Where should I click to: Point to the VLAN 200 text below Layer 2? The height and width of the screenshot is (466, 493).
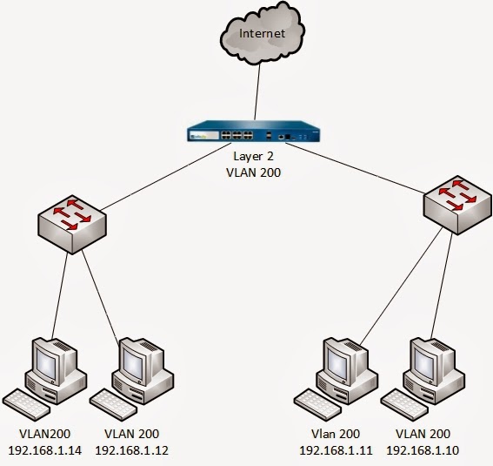click(253, 172)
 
